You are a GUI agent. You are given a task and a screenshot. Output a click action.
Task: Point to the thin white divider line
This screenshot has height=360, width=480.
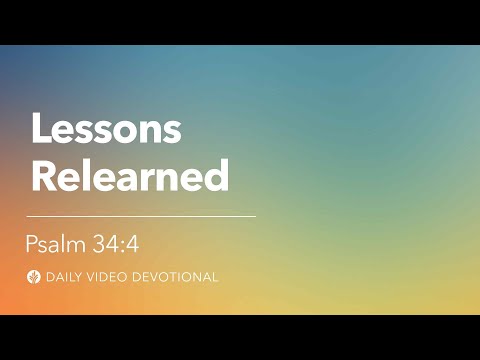pos(141,215)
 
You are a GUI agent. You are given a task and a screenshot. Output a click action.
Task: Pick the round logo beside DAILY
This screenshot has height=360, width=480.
pos(35,276)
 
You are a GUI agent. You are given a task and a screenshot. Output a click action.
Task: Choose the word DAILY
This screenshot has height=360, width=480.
pos(66,276)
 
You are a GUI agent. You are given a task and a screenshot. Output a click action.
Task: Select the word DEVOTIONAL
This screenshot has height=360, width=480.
pos(174,276)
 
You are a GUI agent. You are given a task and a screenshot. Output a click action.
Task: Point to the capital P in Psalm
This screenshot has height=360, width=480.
pos(32,243)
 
